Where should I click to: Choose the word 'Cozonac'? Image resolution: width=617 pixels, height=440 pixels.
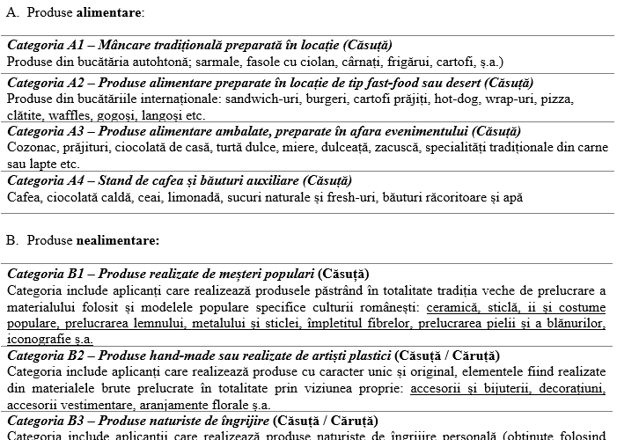point(31,147)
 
